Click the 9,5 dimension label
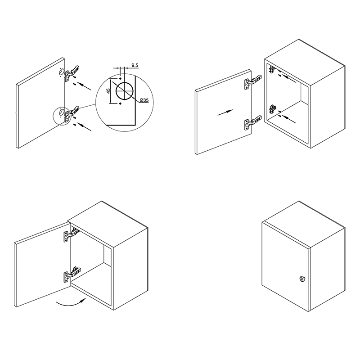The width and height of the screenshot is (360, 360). tap(135, 65)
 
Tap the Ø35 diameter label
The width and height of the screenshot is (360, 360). tap(144, 100)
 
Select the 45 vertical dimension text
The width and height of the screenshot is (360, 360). tap(108, 91)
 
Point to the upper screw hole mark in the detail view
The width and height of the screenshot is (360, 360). tap(120, 79)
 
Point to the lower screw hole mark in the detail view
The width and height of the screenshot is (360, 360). tap(120, 104)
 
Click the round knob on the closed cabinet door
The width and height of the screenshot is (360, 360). tap(301, 279)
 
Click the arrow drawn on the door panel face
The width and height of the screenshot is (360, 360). tap(225, 112)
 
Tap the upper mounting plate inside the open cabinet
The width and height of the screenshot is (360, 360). tap(272, 69)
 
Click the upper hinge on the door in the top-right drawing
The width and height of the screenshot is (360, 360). tap(252, 82)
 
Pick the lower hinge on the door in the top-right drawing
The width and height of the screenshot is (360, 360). tap(252, 123)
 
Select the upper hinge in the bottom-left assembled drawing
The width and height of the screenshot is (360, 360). tap(71, 234)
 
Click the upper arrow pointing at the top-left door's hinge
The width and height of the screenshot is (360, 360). tap(84, 86)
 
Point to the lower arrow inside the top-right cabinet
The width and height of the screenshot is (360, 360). tap(288, 119)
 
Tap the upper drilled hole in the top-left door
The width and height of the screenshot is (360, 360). tap(61, 72)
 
